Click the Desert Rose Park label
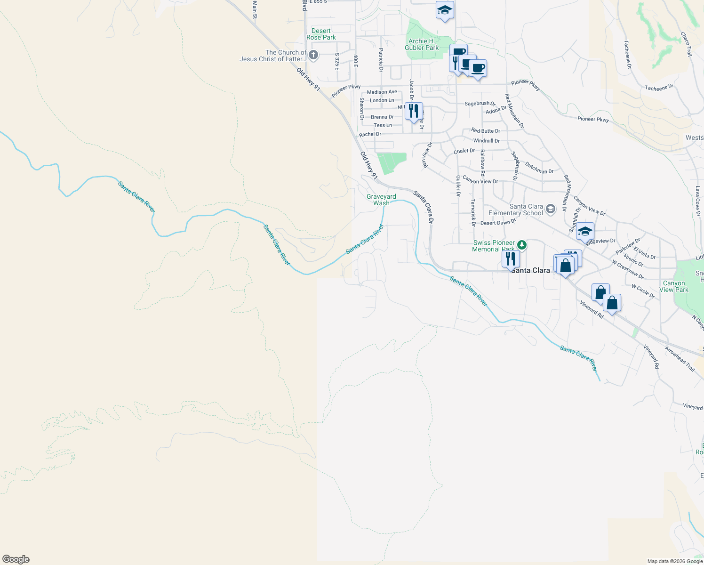click(x=321, y=34)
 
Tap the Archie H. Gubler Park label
click(x=422, y=44)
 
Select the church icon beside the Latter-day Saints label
click(x=313, y=56)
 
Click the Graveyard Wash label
click(x=381, y=200)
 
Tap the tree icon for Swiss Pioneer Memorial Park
click(x=521, y=245)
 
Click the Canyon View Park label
click(x=674, y=286)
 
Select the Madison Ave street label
click(x=382, y=92)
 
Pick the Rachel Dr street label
click(x=370, y=134)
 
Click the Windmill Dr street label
click(x=487, y=141)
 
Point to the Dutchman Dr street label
click(x=539, y=168)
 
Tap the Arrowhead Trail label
click(x=680, y=359)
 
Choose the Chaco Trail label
click(x=686, y=44)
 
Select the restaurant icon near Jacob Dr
click(x=414, y=112)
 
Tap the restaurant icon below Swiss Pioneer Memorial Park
click(x=510, y=259)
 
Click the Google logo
click(x=16, y=559)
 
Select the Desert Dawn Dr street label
click(x=498, y=222)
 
